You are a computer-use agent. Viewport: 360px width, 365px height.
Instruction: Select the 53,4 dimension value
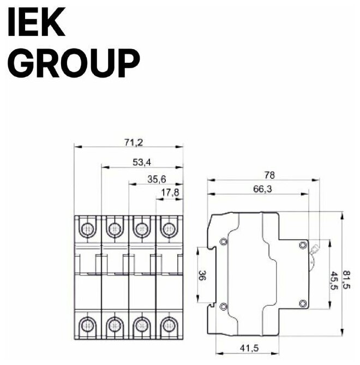click(x=142, y=161)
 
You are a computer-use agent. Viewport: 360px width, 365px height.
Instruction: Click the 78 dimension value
click(x=269, y=176)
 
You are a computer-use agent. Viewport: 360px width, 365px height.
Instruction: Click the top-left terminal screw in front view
click(x=87, y=228)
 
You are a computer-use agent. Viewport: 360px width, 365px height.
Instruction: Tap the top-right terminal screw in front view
click(x=170, y=228)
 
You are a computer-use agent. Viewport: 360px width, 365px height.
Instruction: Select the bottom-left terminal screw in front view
click(x=87, y=325)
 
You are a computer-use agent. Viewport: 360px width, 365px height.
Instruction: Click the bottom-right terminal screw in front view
click(x=170, y=325)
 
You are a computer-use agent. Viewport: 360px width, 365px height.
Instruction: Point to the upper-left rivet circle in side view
click(x=223, y=242)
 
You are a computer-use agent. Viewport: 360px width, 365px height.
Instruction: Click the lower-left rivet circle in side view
click(x=223, y=306)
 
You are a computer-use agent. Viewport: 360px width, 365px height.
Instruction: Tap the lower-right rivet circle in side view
click(x=303, y=304)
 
